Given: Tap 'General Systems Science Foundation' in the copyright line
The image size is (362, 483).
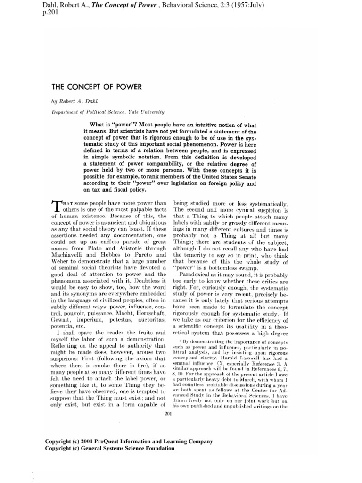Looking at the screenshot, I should pyautogui.click(x=125, y=448).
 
